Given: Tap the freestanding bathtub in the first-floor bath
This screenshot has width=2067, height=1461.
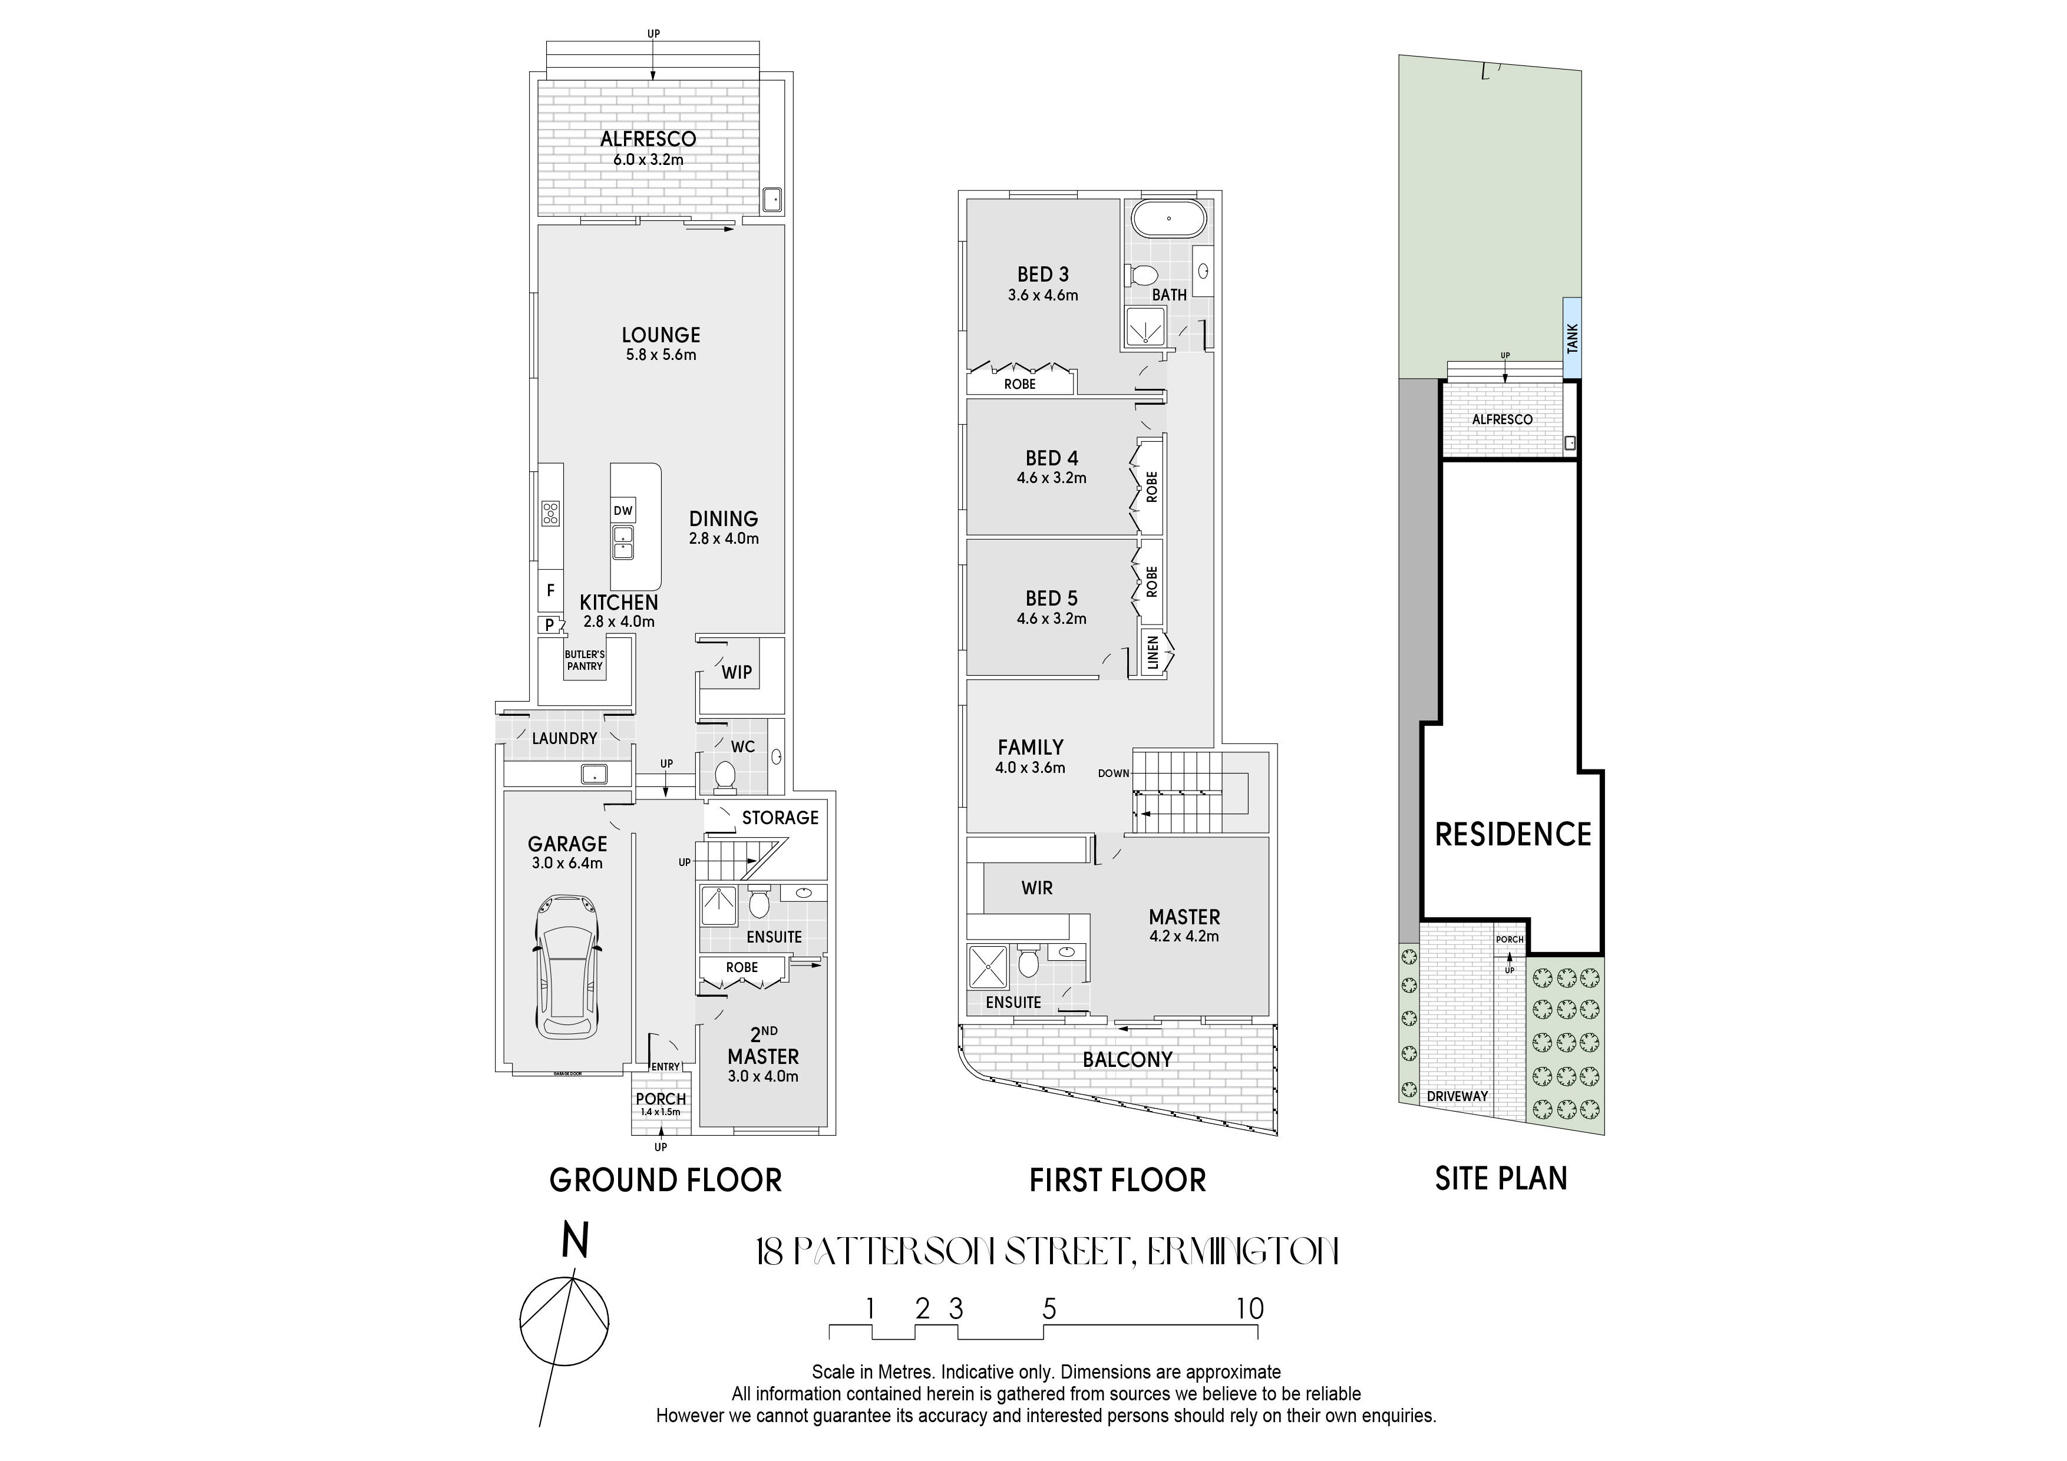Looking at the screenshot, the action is [1168, 218].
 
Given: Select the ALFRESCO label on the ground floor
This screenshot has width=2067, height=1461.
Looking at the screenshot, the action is [648, 138].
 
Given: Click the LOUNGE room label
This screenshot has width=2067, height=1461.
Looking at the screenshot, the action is [661, 335].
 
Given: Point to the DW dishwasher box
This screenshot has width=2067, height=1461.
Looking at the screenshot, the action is [623, 510].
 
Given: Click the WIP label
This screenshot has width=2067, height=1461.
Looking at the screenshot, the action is [737, 672].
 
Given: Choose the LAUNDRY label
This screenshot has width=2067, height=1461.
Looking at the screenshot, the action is [564, 738].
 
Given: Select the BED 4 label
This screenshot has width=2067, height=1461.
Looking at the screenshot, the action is [1052, 458].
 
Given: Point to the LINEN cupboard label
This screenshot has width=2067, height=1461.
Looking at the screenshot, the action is [1153, 653].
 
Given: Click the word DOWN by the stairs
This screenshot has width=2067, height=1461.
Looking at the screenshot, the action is [1114, 774].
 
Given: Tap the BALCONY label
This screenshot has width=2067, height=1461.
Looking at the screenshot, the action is [1127, 1059].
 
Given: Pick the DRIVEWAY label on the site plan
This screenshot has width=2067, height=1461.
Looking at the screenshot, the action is [1458, 1096].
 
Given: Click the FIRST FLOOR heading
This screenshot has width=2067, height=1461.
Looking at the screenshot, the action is [1117, 1180].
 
